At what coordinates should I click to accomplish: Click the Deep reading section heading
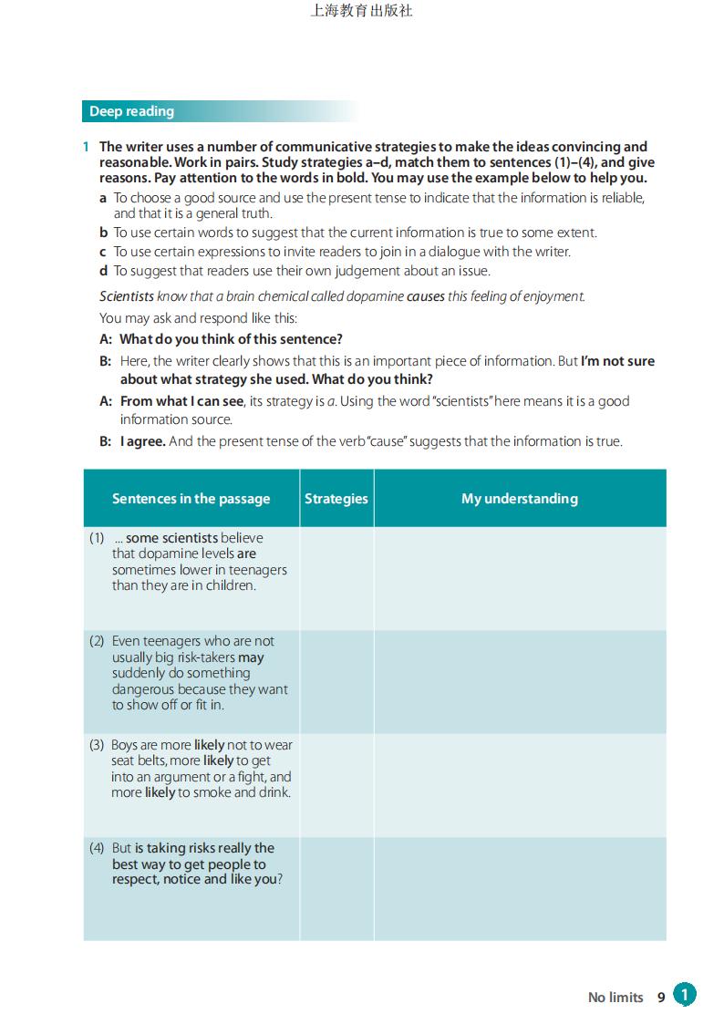[131, 111]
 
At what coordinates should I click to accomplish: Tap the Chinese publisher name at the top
[361, 12]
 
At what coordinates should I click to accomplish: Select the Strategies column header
[336, 499]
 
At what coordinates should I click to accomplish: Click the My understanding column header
[519, 499]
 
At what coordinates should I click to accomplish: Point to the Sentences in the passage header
[191, 499]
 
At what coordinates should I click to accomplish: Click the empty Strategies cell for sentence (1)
[336, 578]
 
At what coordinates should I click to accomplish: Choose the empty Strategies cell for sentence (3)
[336, 785]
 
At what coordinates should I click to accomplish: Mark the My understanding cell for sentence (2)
[519, 681]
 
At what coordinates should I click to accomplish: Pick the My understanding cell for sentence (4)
[519, 888]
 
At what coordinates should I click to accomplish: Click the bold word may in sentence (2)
[251, 657]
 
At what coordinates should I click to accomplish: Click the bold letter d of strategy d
[104, 271]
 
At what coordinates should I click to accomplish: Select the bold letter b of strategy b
[104, 233]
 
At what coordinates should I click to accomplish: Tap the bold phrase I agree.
[143, 441]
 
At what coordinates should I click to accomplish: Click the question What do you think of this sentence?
[232, 339]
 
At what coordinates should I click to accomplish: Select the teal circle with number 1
[685, 995]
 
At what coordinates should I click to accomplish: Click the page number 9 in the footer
[661, 998]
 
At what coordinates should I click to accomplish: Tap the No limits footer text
[615, 998]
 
